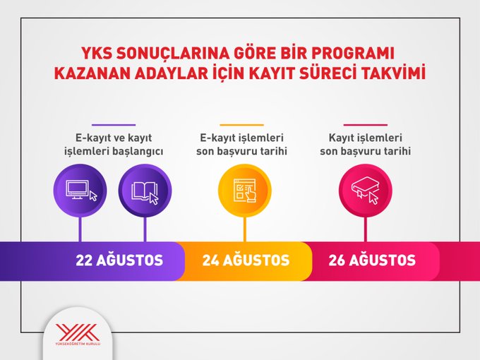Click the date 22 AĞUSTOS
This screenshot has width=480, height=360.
(119, 260)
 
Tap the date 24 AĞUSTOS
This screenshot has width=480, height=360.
(246, 260)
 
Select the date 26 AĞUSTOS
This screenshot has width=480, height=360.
(372, 260)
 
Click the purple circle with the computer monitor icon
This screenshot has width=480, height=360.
(80, 191)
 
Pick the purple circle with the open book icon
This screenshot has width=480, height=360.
(145, 191)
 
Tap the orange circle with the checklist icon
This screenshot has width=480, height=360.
(245, 191)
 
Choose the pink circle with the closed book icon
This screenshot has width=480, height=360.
(365, 191)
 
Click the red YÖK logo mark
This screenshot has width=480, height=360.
(78, 332)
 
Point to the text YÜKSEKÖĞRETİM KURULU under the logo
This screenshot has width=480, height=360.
(78, 344)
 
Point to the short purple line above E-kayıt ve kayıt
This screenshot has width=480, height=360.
(114, 125)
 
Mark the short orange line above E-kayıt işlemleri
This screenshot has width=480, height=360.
(241, 125)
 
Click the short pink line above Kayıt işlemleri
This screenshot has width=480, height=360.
(365, 125)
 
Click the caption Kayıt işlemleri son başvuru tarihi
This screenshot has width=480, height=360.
(365, 145)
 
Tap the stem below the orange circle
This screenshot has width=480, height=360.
(245, 229)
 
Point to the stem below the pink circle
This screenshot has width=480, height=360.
(365, 229)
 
